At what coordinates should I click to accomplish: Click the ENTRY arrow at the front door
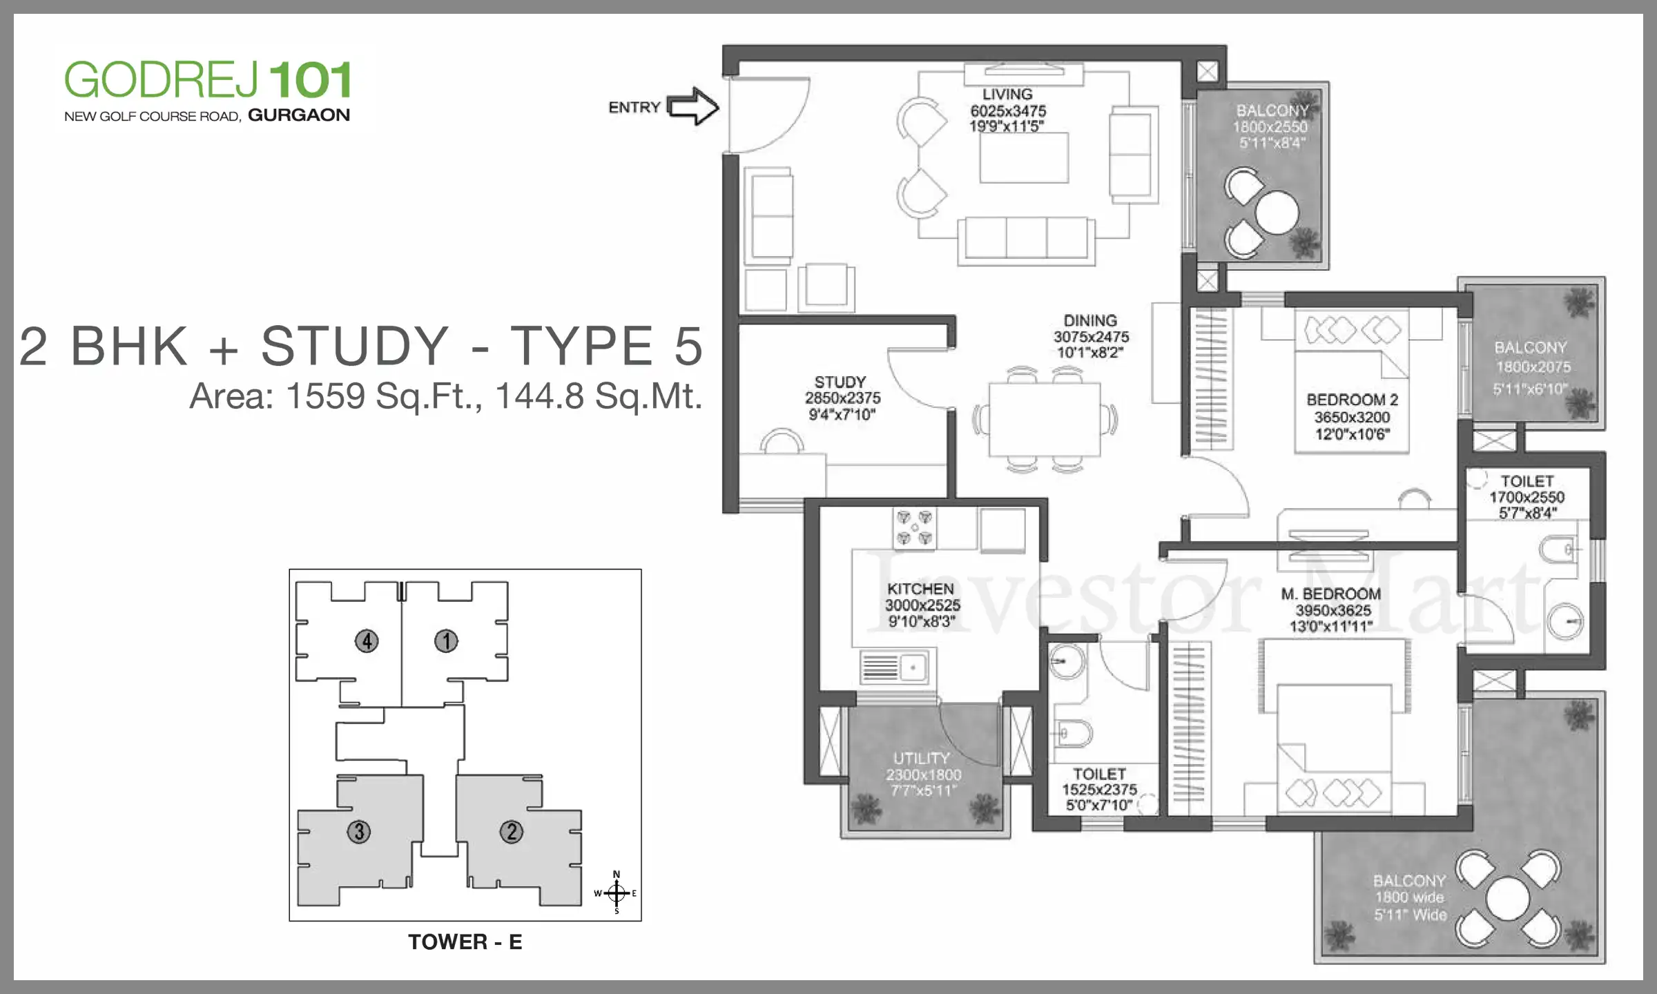693,106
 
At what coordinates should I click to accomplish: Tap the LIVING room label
1007,95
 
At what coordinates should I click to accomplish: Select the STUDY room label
840,382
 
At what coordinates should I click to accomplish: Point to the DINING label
1090,321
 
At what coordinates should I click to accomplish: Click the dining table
1045,420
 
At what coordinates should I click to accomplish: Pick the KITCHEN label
920,589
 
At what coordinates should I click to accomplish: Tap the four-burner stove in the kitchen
915,528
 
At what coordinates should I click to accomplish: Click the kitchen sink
895,667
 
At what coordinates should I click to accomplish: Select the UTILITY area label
922,758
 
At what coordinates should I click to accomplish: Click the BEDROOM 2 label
1352,400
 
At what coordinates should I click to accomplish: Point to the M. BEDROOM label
1331,594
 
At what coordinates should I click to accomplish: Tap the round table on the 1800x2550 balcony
1277,212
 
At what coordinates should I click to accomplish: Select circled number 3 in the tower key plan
359,832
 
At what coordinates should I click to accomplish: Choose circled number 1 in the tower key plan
446,641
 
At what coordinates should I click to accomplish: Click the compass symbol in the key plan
616,893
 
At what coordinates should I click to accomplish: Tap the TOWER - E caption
465,942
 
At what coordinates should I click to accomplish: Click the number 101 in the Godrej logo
311,80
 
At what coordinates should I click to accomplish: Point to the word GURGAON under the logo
299,115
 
